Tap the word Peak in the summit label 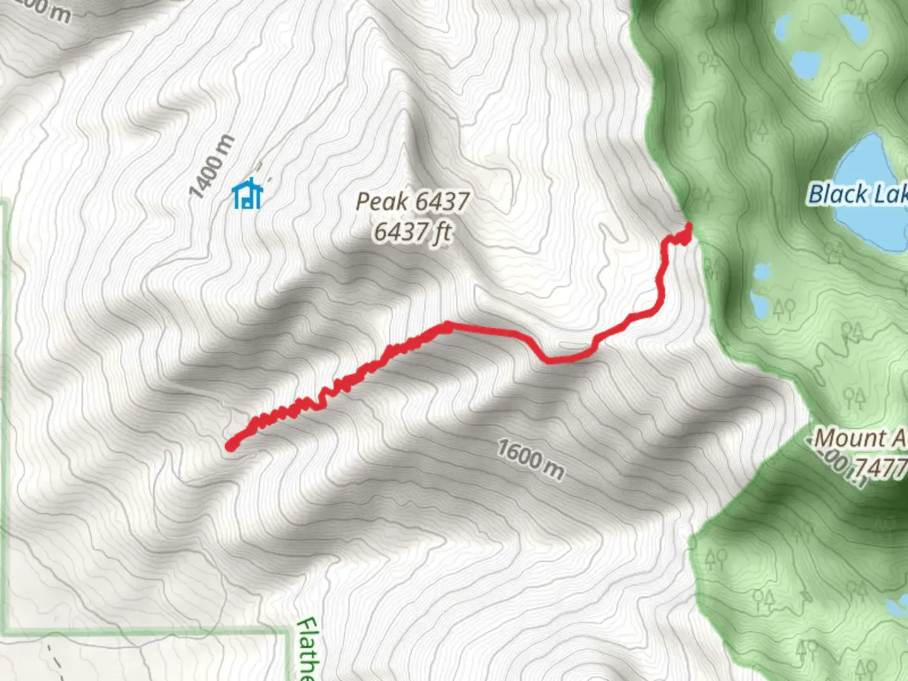click(381, 202)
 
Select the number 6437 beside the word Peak click(442, 202)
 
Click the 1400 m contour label click(212, 166)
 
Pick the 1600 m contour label click(531, 459)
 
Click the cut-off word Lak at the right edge click(890, 194)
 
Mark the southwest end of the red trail click(231, 446)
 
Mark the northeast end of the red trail click(688, 227)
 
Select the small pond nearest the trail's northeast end click(762, 272)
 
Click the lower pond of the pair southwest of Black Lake click(760, 305)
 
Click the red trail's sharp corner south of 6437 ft click(446, 326)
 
